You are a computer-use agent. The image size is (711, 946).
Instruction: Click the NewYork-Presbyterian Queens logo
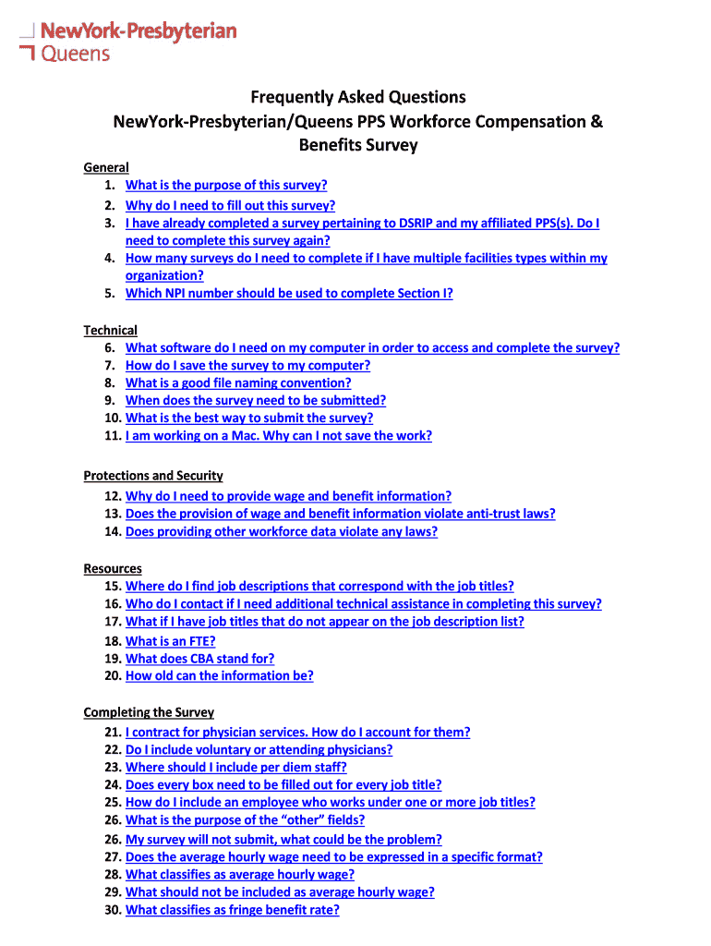pyautogui.click(x=128, y=42)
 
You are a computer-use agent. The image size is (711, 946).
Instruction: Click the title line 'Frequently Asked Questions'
pyautogui.click(x=357, y=97)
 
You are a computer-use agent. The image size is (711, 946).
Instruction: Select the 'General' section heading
pyautogui.click(x=106, y=167)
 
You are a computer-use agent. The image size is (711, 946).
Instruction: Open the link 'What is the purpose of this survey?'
pyautogui.click(x=226, y=185)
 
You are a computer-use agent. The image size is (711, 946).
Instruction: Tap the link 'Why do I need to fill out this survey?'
pyautogui.click(x=230, y=205)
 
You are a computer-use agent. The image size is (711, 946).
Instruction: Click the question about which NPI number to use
pyautogui.click(x=289, y=294)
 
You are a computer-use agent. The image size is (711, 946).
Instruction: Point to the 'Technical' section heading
pyautogui.click(x=110, y=330)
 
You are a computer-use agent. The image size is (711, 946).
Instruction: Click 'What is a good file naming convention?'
pyautogui.click(x=238, y=382)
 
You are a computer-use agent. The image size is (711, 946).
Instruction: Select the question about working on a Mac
pyautogui.click(x=278, y=435)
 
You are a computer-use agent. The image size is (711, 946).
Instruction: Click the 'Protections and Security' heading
pyautogui.click(x=153, y=475)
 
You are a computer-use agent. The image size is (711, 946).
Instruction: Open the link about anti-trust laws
pyautogui.click(x=340, y=514)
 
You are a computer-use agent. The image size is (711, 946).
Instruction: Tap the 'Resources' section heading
pyautogui.click(x=113, y=568)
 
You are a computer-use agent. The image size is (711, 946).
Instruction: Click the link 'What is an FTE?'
pyautogui.click(x=170, y=641)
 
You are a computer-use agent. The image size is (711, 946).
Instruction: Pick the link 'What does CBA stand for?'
pyautogui.click(x=199, y=659)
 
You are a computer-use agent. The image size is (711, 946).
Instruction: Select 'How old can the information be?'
pyautogui.click(x=219, y=675)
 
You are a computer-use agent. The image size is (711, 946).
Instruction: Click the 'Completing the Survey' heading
pyautogui.click(x=149, y=712)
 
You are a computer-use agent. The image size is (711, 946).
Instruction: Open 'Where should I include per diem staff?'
pyautogui.click(x=235, y=767)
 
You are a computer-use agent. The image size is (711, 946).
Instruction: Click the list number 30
pyautogui.click(x=113, y=910)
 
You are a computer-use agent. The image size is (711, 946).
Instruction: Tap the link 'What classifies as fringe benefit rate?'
pyautogui.click(x=232, y=910)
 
